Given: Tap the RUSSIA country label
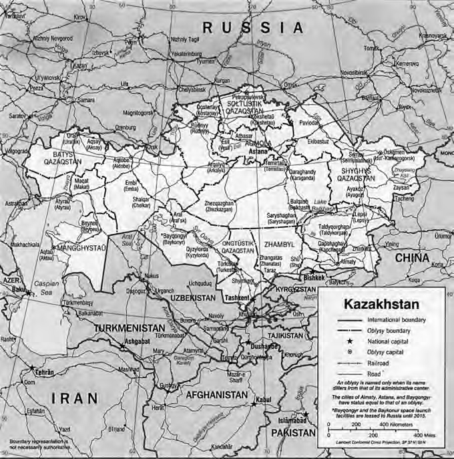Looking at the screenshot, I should coord(253,27).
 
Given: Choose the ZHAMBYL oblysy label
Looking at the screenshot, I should coord(278,245).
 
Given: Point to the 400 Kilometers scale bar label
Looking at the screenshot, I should coord(397,424).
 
